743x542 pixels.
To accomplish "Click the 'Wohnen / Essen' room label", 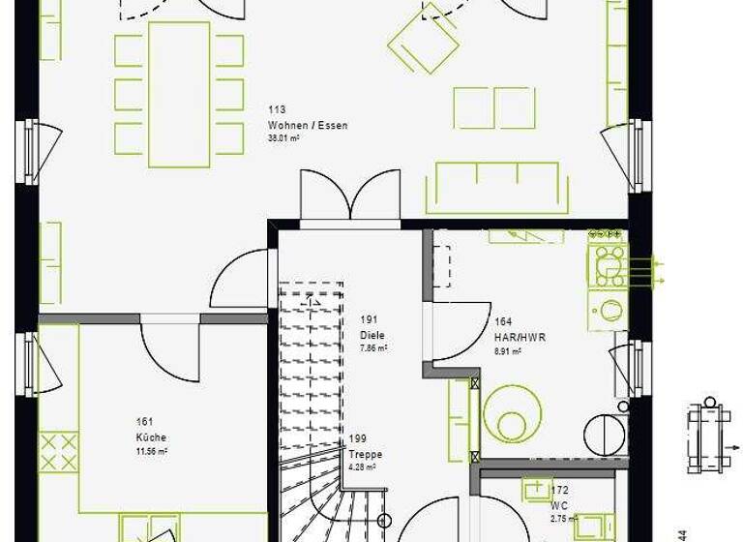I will pos(308,126).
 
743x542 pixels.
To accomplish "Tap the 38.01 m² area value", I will pos(283,138).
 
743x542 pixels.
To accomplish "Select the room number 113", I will pos(277,110).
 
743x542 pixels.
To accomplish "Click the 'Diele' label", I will pos(371,336).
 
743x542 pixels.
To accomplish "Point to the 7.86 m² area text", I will pos(373,348).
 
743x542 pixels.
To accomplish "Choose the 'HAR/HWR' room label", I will pos(520,338).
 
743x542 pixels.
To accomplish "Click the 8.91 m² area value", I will pos(508,351).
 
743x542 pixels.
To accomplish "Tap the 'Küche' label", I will pos(151,437).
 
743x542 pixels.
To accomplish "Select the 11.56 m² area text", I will pos(152,451).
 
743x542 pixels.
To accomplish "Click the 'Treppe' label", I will pos(365,454).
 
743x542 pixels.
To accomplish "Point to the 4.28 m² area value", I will pos(362,467).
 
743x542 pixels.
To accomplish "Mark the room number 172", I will pos(559,492).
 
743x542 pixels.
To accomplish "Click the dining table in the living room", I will pos(179,95).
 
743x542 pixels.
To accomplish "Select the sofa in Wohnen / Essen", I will pos(497,187).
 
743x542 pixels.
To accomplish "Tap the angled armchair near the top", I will pos(424,44).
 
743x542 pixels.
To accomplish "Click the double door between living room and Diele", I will pos(350,199).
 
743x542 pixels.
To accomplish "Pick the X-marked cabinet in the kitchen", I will pos(58,452).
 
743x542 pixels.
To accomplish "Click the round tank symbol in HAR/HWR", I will pos(512,414).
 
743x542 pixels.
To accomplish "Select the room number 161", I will pos(145,422).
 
